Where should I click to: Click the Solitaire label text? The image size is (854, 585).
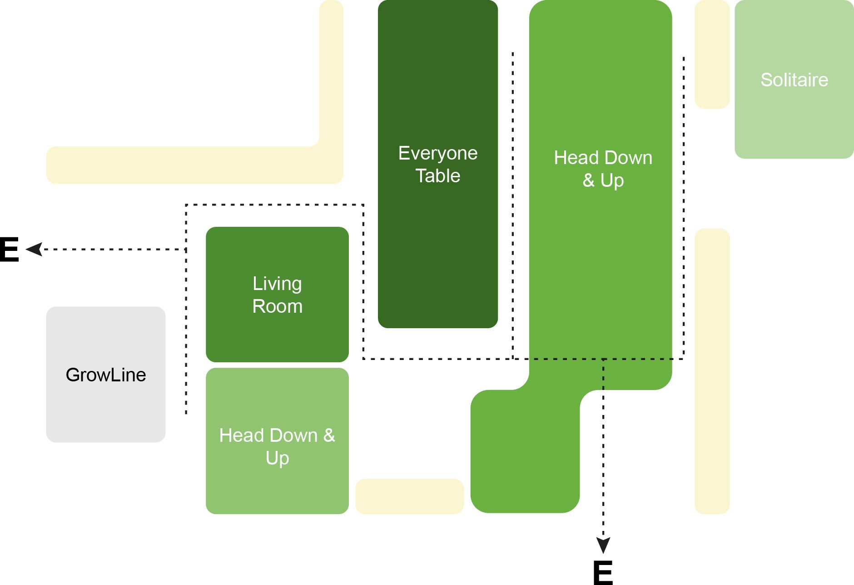[x=794, y=80]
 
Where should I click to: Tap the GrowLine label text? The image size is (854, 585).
[x=106, y=375]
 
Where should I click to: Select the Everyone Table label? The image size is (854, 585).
[x=438, y=164]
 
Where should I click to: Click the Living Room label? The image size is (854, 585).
[x=277, y=295]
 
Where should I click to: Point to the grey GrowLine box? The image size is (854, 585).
[x=106, y=409]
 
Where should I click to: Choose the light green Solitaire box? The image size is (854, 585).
[x=794, y=123]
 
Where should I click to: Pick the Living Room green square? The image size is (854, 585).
[x=277, y=336]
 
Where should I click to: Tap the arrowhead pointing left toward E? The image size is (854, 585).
[x=35, y=249]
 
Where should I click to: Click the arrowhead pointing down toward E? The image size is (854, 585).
[x=603, y=545]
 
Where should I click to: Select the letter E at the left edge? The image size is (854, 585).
[x=9, y=250]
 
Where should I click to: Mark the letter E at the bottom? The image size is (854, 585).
[x=603, y=573]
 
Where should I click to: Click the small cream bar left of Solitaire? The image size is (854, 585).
[x=712, y=55]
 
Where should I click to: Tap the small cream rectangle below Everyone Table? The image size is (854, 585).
[x=409, y=496]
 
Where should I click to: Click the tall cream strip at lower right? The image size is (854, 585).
[x=712, y=371]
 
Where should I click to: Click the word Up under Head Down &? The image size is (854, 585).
[x=277, y=458]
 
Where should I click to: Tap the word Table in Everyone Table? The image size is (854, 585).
[x=438, y=176]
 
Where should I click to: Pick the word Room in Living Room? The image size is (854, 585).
[x=277, y=306]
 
